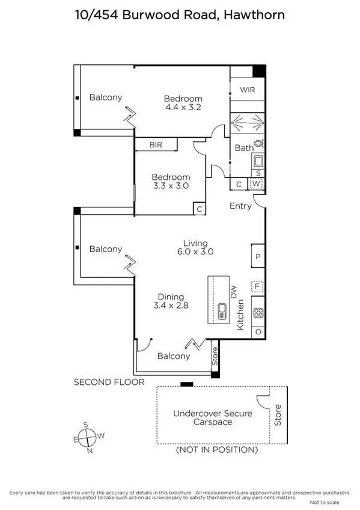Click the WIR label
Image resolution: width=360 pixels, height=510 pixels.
(x=248, y=90)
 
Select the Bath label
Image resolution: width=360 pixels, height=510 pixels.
(x=243, y=148)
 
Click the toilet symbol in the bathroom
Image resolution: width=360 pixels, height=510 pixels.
(x=259, y=144)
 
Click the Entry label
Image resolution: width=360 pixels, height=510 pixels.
(x=240, y=206)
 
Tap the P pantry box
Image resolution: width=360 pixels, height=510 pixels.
(x=258, y=256)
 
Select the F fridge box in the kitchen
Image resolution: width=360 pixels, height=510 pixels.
(x=258, y=287)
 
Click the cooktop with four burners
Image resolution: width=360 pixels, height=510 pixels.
(x=258, y=313)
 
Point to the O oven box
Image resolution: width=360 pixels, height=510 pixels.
(x=258, y=331)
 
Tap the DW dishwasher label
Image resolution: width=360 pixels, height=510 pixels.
(x=234, y=291)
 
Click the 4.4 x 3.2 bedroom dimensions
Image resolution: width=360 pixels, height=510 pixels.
(x=183, y=108)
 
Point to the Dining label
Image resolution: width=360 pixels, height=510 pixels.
(x=171, y=296)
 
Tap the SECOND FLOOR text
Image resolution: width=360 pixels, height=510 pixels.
(x=109, y=382)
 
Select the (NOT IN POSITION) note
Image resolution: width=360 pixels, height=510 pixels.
(x=216, y=450)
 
